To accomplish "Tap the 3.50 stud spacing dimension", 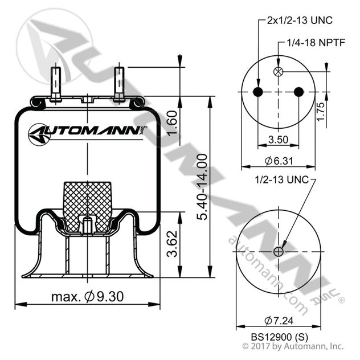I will pos(277,139).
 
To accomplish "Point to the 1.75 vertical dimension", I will pos(321,108).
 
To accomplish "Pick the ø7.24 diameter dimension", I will pos(278,319).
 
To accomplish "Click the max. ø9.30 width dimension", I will pos(87,296).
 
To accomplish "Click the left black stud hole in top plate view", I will pos(257,92).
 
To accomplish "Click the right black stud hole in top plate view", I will pos(298,92).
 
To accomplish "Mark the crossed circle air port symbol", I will pos(278,72).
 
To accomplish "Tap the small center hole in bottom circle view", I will pos(278,252).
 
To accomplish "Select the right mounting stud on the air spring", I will pos(119,83).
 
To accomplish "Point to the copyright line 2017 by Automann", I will pos(293,346).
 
